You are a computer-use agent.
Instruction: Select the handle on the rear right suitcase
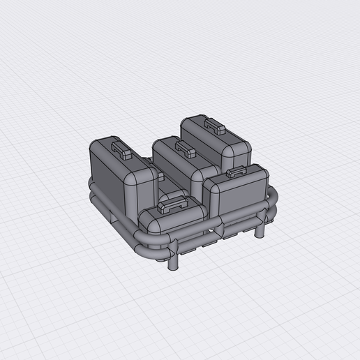pyautogui.click(x=214, y=126)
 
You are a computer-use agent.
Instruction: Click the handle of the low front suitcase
pyautogui.click(x=174, y=204)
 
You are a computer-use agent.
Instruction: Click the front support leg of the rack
pyautogui.click(x=173, y=263)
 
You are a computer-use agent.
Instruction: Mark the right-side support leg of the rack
pyautogui.click(x=260, y=230)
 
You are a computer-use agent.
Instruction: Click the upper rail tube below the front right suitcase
pyautogui.click(x=244, y=216)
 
